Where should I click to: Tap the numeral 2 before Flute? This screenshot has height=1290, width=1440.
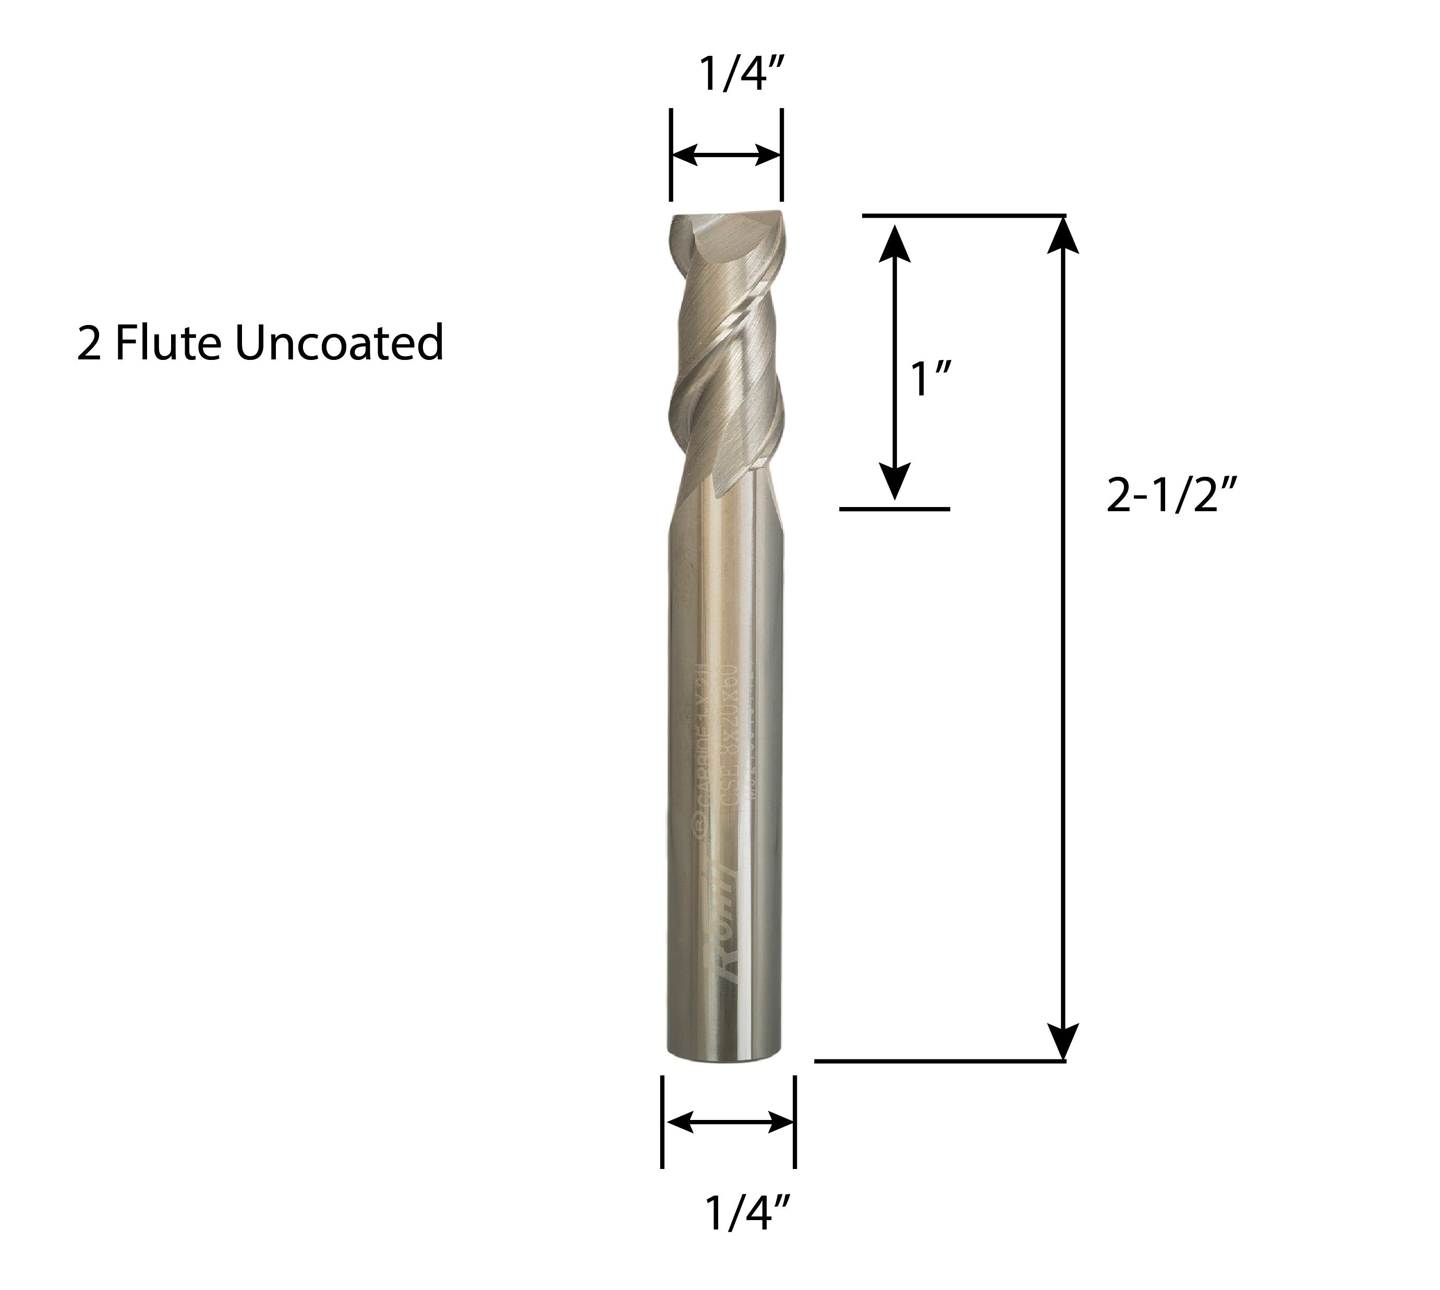click(x=89, y=344)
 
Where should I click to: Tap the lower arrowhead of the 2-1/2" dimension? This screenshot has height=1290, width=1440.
click(x=1063, y=1041)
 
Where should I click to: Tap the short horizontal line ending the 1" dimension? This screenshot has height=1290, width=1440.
click(x=894, y=509)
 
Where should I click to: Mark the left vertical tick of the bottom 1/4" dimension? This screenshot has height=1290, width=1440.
click(x=662, y=1122)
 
